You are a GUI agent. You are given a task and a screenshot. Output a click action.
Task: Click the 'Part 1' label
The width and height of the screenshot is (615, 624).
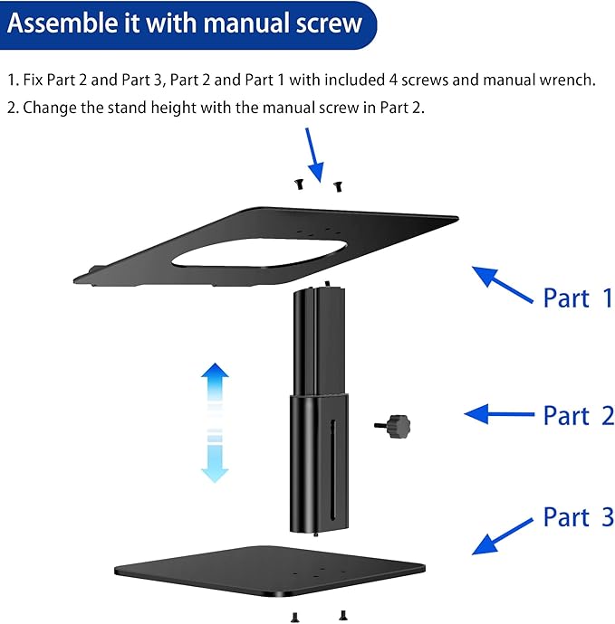click(577, 298)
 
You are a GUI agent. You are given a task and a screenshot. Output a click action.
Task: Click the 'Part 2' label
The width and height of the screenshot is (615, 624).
click(578, 416)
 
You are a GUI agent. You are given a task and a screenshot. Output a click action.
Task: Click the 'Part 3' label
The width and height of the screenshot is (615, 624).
click(578, 517)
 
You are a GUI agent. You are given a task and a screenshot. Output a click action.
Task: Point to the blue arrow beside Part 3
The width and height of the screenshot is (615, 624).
click(502, 535)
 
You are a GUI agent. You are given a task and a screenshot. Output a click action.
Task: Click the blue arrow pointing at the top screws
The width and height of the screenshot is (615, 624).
click(314, 153)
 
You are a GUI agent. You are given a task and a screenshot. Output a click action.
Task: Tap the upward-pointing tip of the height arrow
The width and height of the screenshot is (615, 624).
click(215, 372)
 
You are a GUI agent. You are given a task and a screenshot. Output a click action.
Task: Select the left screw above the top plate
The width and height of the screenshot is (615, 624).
click(296, 184)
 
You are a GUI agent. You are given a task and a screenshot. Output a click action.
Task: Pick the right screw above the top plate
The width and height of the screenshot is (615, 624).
click(337, 185)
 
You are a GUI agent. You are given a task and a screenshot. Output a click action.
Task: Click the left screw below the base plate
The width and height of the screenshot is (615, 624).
click(295, 616)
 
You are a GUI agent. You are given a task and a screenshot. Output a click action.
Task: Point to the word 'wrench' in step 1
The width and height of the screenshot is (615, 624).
click(566, 80)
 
